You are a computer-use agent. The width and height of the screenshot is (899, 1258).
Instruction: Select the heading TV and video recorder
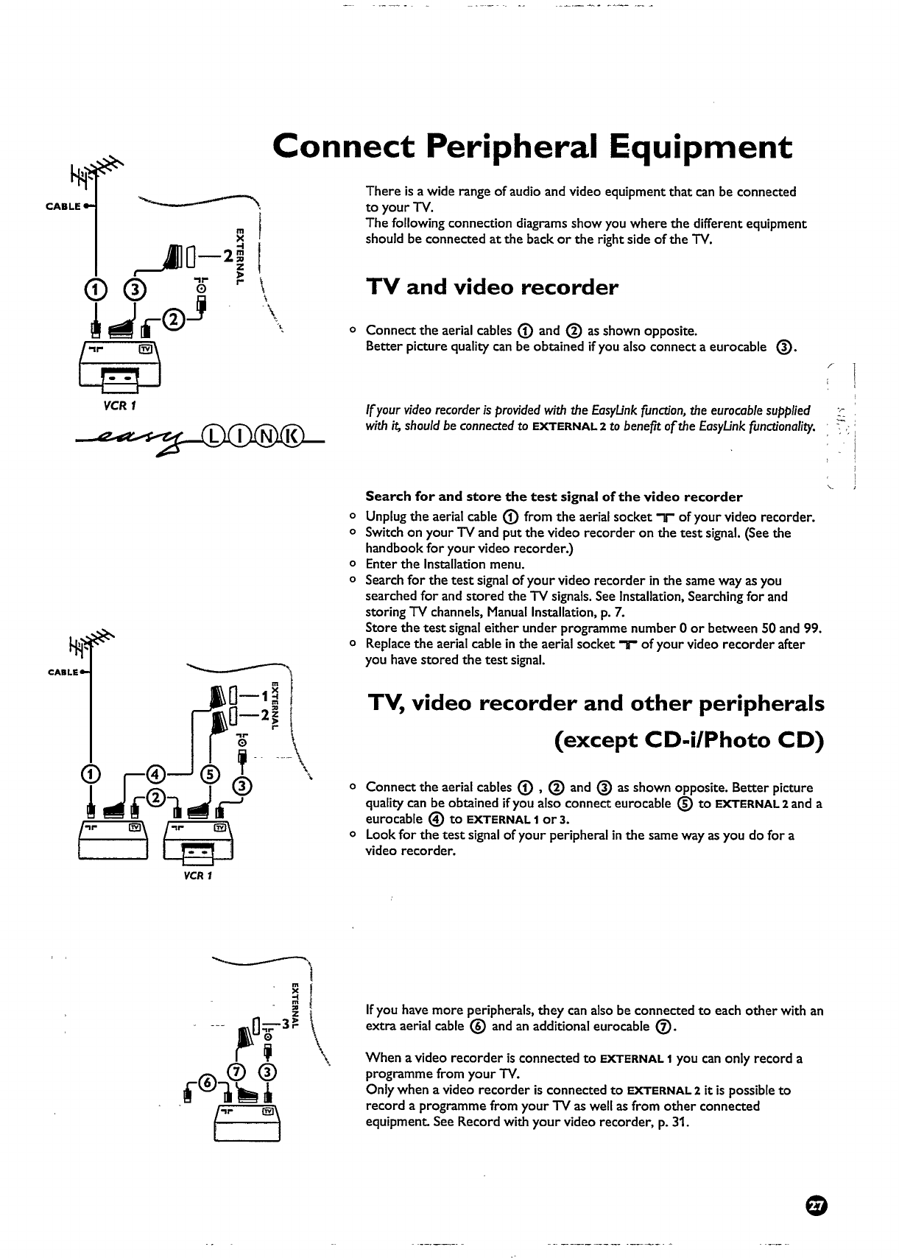point(492,287)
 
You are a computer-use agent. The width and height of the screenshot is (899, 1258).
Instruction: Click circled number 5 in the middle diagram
point(211,773)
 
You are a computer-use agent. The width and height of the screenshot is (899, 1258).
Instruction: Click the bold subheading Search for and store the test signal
point(554,496)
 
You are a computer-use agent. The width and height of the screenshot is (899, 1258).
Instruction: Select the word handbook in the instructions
point(394,549)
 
